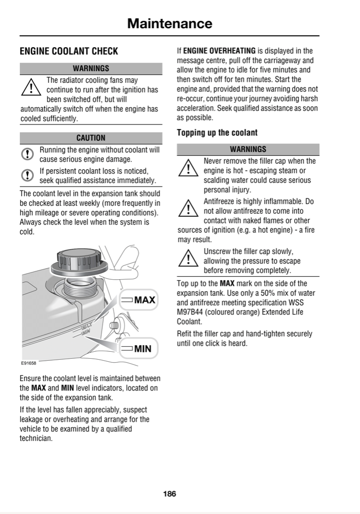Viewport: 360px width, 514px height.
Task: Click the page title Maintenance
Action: [170, 24]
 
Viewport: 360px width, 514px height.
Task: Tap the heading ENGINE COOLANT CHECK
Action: [69, 51]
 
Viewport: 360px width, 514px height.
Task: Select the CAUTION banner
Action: [91, 138]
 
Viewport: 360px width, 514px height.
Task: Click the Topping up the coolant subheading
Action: [217, 133]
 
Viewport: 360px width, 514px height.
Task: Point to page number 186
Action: [170, 494]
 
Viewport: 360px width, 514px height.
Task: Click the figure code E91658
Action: [29, 363]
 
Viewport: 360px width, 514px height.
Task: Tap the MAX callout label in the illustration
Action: [138, 300]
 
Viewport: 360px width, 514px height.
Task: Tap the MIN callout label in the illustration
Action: [138, 348]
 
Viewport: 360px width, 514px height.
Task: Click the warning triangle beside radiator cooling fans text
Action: [31, 87]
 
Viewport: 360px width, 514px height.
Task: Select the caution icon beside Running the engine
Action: [27, 154]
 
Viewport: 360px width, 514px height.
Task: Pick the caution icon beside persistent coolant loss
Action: [27, 175]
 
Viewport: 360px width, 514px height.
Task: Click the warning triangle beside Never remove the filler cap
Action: [188, 168]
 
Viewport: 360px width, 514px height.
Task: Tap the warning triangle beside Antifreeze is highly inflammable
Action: [188, 208]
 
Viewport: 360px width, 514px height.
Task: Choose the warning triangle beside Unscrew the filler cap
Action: [188, 258]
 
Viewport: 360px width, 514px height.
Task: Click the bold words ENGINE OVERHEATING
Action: [219, 51]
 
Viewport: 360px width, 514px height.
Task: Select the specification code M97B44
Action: [189, 312]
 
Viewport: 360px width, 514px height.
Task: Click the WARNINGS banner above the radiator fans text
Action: [91, 68]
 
